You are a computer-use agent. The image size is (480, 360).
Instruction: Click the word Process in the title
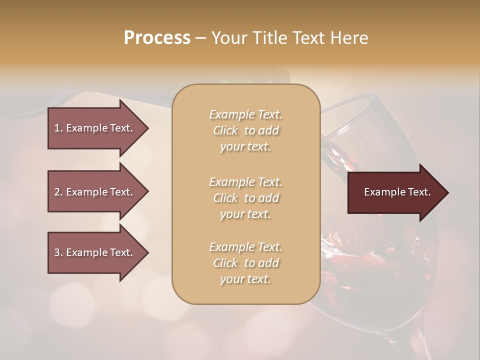(157, 38)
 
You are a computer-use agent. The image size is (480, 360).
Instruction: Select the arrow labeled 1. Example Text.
(95, 128)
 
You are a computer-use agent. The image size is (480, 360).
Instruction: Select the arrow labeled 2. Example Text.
(95, 192)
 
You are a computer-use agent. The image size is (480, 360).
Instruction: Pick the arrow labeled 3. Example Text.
(95, 252)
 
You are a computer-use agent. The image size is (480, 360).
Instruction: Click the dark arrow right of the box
(395, 192)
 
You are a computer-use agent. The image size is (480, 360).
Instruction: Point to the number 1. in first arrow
(58, 128)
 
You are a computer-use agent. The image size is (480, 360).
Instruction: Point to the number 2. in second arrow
(58, 192)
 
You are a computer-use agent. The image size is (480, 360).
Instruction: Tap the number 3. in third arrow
(58, 252)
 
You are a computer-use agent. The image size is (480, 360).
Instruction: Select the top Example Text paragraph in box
(245, 130)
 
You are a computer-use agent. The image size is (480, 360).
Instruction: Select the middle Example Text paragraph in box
(245, 198)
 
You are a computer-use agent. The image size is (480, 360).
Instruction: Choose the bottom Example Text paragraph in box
(245, 263)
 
